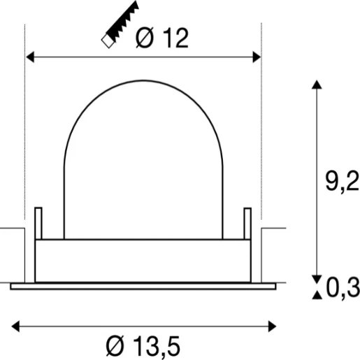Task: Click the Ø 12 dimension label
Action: pyautogui.click(x=162, y=39)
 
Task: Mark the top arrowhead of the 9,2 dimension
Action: pyautogui.click(x=317, y=85)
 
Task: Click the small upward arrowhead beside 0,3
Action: pyautogui.click(x=317, y=296)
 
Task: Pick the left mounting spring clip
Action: pyautogui.click(x=39, y=223)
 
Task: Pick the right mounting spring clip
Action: pyautogui.click(x=247, y=223)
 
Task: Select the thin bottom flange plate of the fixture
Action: pyautogui.click(x=143, y=285)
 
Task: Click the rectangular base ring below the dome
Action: pyautogui.click(x=143, y=260)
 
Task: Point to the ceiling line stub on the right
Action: pyautogui.click(x=273, y=229)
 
